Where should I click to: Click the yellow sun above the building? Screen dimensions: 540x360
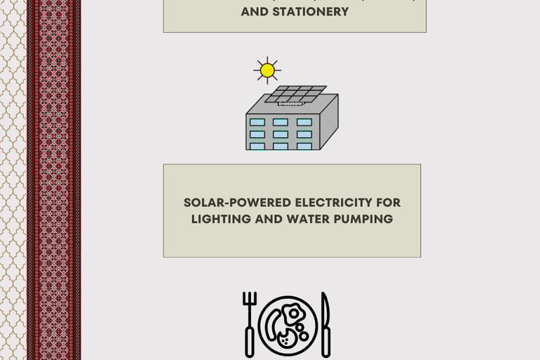(266, 70)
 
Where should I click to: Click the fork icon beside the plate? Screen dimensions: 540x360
(250, 323)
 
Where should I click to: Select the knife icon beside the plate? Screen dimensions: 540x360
(324, 323)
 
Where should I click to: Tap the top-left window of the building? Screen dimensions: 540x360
(257, 122)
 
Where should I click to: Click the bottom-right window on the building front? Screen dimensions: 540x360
(304, 146)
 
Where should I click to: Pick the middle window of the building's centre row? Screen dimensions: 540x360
(281, 134)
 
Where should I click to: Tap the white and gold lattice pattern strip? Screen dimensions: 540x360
(12, 180)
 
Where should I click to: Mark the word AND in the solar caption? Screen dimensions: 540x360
(268, 219)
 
